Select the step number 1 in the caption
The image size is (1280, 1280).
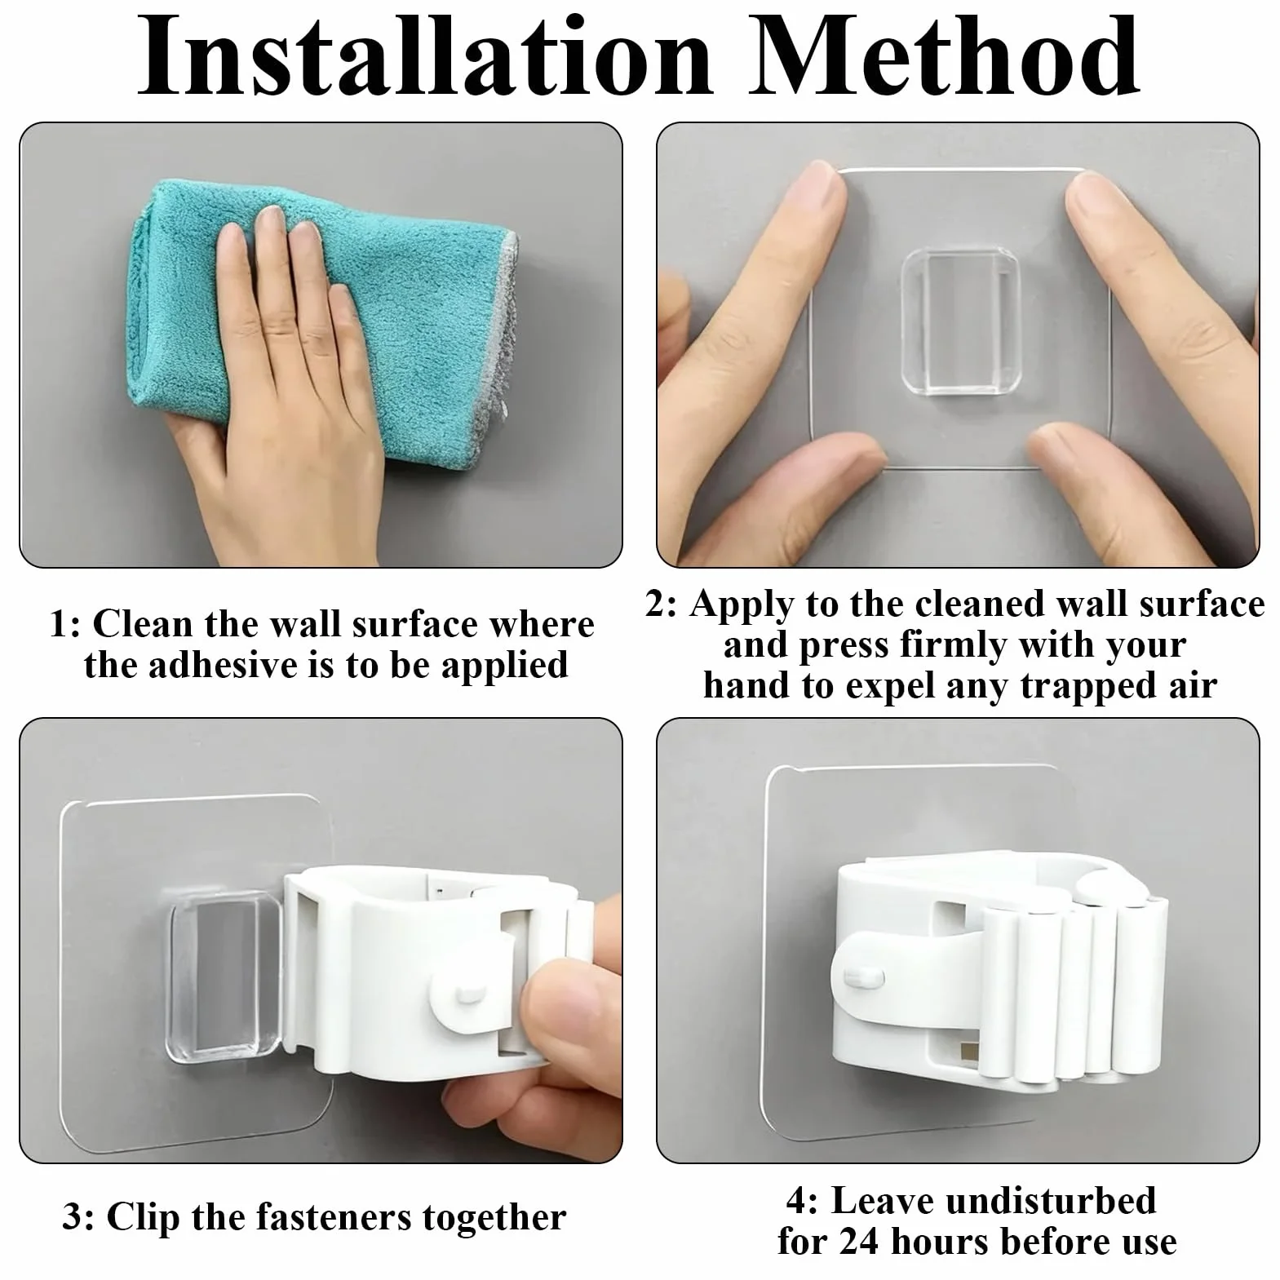pyautogui.click(x=64, y=626)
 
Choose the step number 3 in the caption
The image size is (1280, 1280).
pyautogui.click(x=75, y=1218)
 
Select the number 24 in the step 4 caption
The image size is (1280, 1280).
pyautogui.click(x=860, y=1242)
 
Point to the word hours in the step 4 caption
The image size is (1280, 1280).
pyautogui.click(x=938, y=1242)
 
